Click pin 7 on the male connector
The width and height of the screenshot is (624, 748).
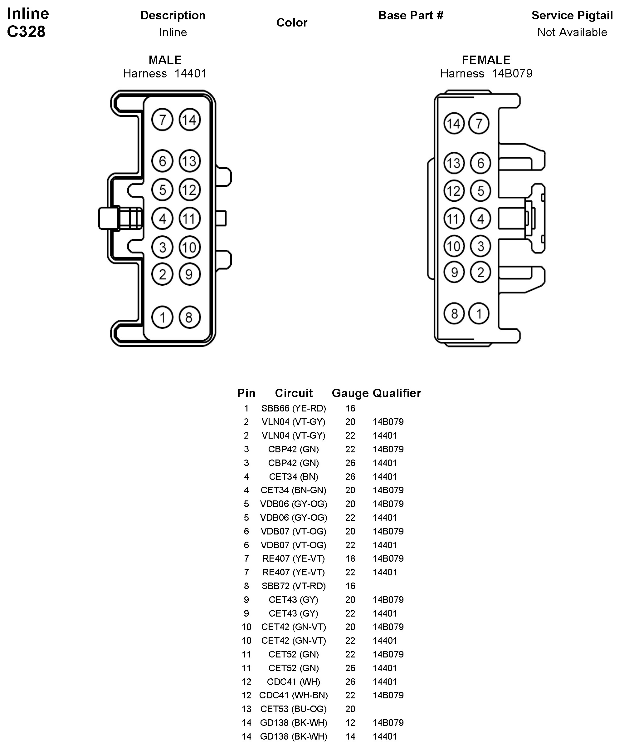pyautogui.click(x=162, y=120)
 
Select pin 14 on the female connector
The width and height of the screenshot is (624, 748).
pyautogui.click(x=454, y=124)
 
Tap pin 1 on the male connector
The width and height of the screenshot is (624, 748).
pyautogui.click(x=162, y=317)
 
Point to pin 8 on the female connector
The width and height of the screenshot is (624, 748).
pyautogui.click(x=454, y=313)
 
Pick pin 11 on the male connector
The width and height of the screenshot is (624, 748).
pyautogui.click(x=189, y=218)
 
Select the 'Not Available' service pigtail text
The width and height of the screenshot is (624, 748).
pyautogui.click(x=572, y=32)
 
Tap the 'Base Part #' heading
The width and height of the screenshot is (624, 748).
pyautogui.click(x=411, y=15)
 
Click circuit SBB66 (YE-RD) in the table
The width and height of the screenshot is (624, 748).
pyautogui.click(x=293, y=408)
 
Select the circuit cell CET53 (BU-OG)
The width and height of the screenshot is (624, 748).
pyautogui.click(x=293, y=709)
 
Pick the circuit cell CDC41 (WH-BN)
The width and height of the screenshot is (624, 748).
pyautogui.click(x=293, y=695)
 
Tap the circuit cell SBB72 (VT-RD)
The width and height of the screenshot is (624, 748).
pyautogui.click(x=293, y=586)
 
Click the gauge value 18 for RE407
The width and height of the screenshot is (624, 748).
pyautogui.click(x=350, y=559)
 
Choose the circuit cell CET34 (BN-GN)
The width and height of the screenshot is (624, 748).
pyautogui.click(x=293, y=490)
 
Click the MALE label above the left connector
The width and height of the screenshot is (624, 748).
pyautogui.click(x=165, y=60)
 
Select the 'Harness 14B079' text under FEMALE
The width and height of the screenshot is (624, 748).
pyautogui.click(x=486, y=74)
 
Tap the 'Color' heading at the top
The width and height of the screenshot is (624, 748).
pyautogui.click(x=291, y=23)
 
